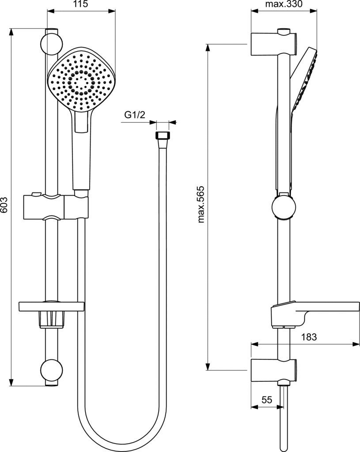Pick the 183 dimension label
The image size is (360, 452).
coord(309,337)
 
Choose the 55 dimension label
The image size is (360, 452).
coord(266,400)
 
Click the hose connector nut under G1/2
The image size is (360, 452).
coord(163,136)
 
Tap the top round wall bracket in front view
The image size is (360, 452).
coord(51,43)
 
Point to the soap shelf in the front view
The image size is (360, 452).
coord(51,306)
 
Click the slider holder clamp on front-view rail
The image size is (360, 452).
coord(65,205)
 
